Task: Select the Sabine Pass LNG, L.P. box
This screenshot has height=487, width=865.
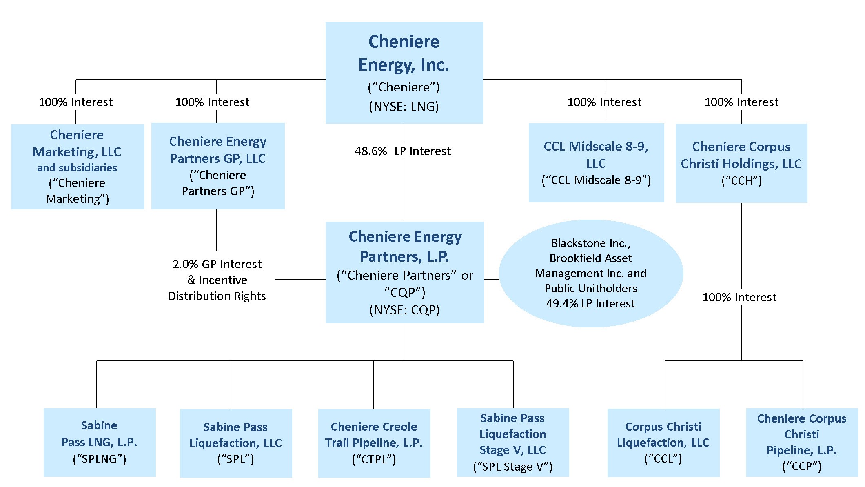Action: pos(100,442)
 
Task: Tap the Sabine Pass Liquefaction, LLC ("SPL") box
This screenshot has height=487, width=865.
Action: pos(236,443)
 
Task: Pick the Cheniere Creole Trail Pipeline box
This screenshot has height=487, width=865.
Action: pos(374,443)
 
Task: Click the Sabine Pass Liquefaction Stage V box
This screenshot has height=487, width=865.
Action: pos(513,442)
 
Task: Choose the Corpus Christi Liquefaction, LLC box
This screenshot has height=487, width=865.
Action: pos(663,442)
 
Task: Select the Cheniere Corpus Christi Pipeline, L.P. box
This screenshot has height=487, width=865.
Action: pos(802,442)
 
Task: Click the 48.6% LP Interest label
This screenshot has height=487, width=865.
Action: pos(403,151)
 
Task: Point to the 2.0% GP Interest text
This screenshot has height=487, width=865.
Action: pos(217,264)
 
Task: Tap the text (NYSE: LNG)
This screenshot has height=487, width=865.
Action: pos(404,107)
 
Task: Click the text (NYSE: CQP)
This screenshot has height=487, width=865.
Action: pos(404,310)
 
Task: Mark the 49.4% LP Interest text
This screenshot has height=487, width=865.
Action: pos(590,304)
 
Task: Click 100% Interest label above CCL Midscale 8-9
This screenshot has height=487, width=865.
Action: pos(604,102)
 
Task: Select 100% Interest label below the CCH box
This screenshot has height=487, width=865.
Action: pos(739,297)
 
